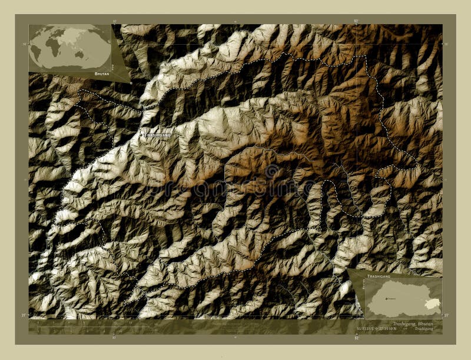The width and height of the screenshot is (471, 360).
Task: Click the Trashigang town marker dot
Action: [x=142, y=135]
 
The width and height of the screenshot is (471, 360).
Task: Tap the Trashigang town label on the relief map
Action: [x=158, y=135]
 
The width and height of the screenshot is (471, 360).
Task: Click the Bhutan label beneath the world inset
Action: [x=101, y=75]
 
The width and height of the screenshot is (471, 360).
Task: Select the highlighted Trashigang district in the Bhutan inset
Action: [x=429, y=303]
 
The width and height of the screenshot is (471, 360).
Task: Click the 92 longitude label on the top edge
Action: [x=356, y=21]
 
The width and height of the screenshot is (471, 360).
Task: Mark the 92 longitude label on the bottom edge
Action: [x=356, y=338]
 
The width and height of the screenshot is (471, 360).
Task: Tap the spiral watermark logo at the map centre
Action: [x=271, y=172]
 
